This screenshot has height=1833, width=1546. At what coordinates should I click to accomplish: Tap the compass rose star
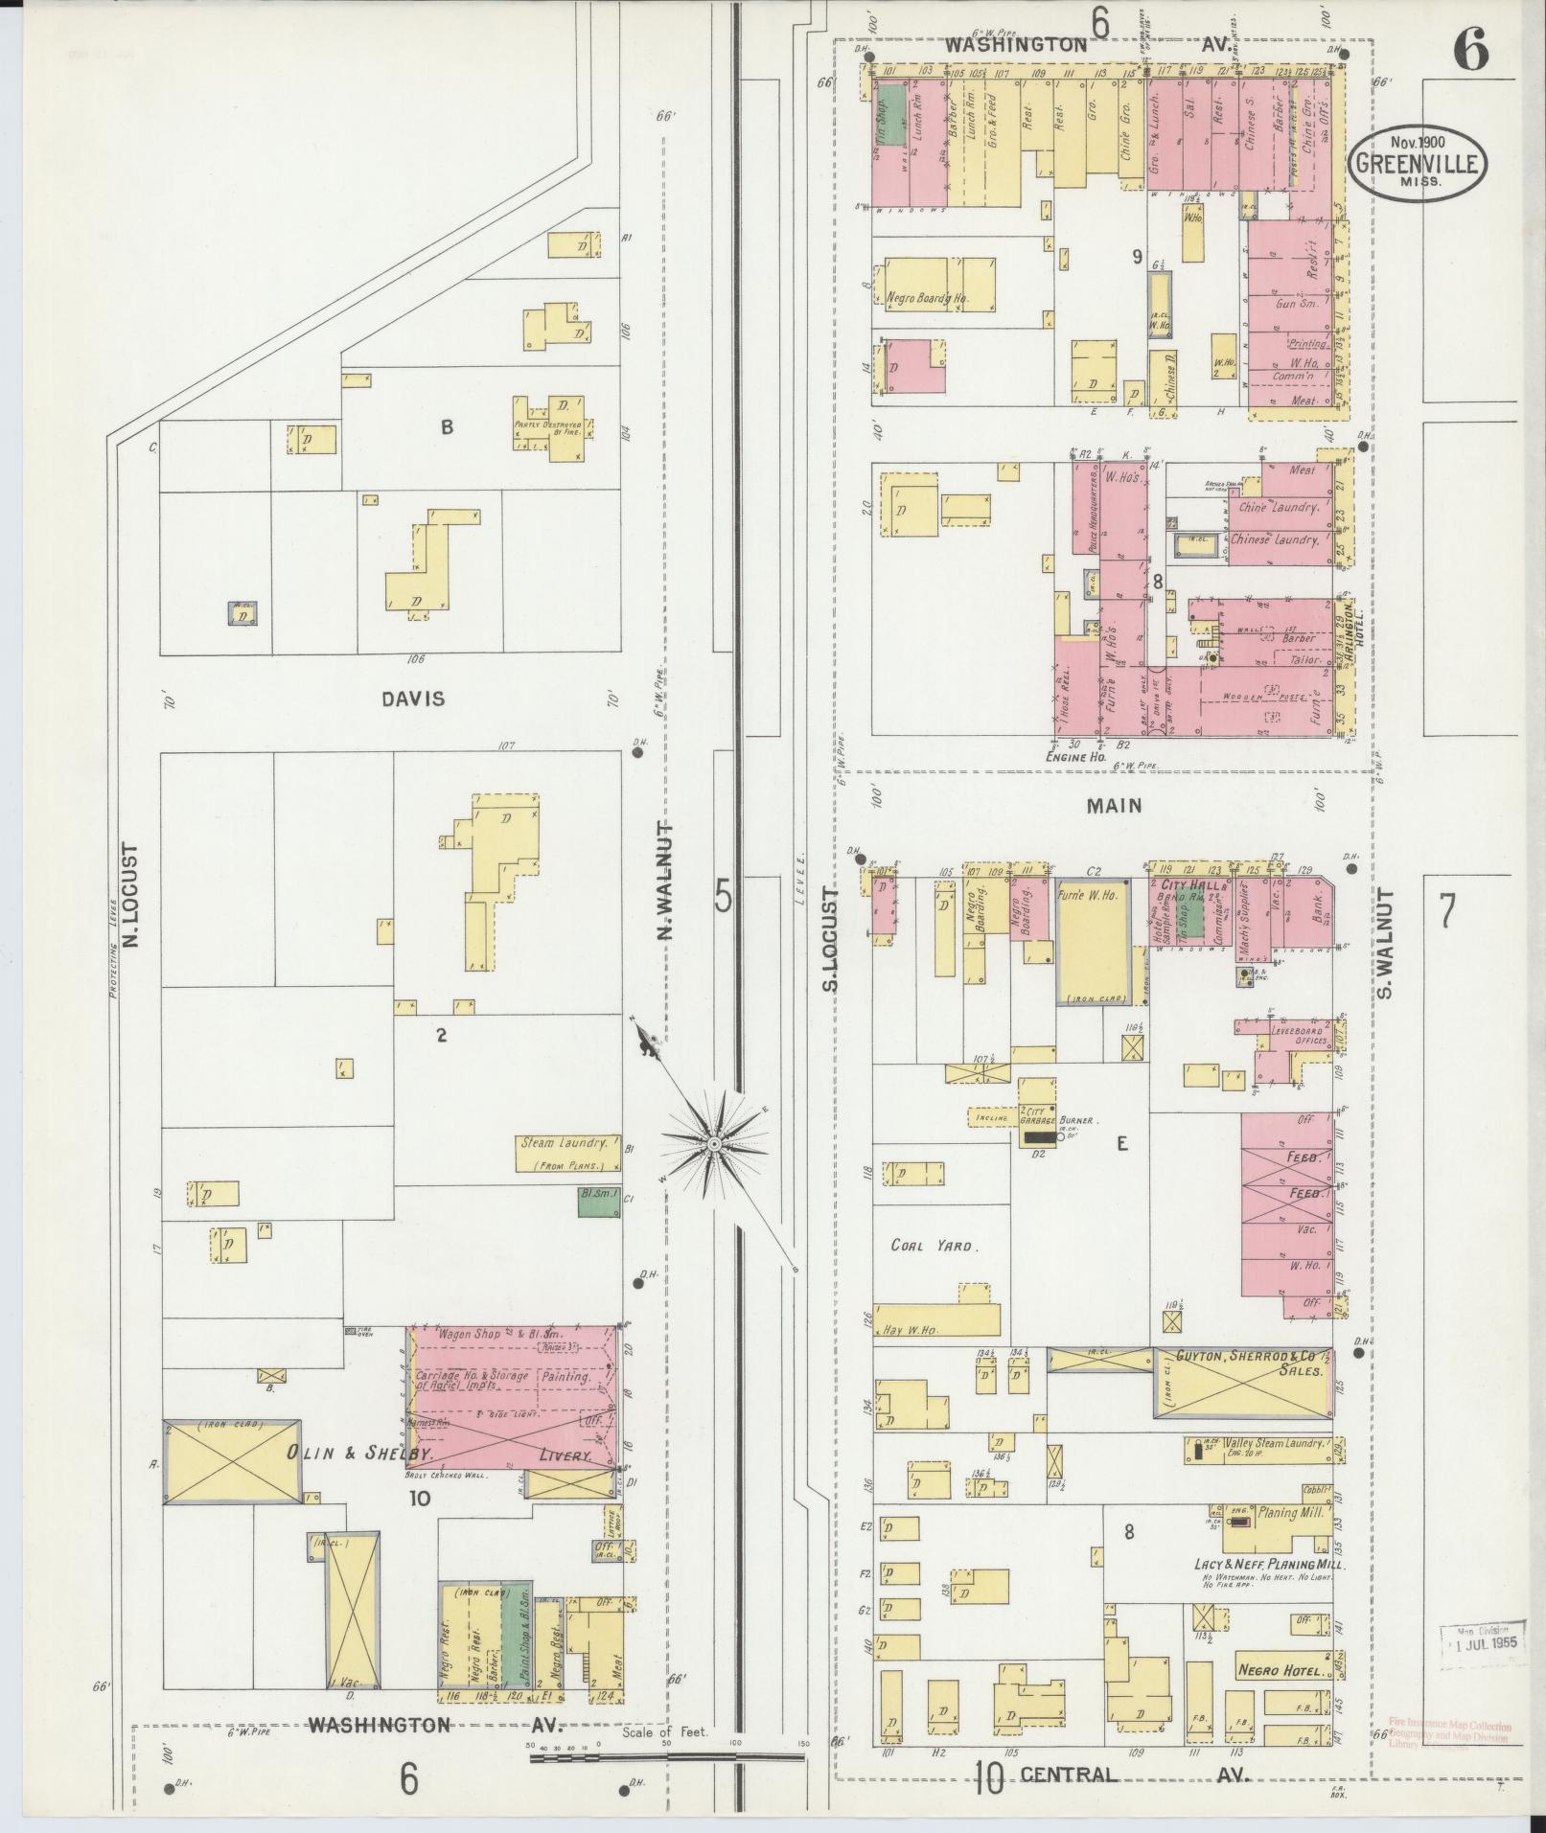point(713,1144)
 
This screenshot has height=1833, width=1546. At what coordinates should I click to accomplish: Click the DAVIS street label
point(413,699)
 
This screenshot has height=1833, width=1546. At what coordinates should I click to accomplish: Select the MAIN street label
point(1114,806)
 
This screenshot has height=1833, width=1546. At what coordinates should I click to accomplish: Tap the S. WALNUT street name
point(1385,942)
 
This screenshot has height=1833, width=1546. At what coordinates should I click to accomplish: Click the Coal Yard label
point(934,1247)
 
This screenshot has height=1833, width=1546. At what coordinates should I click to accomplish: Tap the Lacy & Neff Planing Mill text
point(1270,1564)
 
